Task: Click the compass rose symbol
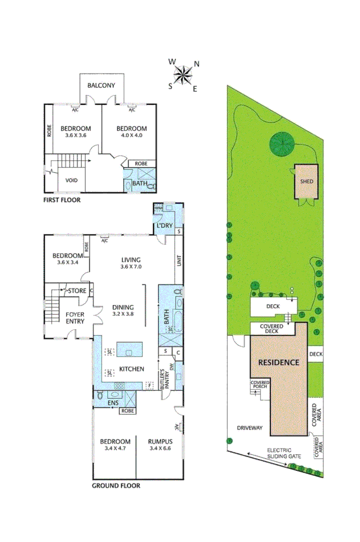[x=183, y=75]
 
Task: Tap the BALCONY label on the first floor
[x=101, y=85]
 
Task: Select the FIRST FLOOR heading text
[x=62, y=200]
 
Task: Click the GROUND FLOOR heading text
[x=116, y=485]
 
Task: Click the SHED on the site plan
[x=306, y=182]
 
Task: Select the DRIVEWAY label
[x=249, y=428]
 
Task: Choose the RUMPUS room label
[x=160, y=441]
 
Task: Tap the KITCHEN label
[x=132, y=369]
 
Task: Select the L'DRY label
[x=164, y=225]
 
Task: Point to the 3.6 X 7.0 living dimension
[x=130, y=267]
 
